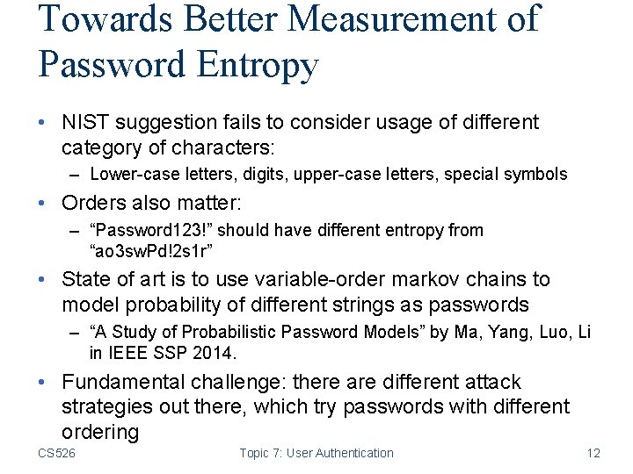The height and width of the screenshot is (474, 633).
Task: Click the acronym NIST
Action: coord(84,122)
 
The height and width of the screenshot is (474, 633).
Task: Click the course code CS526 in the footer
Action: coord(56,453)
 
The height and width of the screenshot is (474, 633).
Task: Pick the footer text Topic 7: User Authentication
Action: coord(316,453)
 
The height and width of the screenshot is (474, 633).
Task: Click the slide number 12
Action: coord(593,453)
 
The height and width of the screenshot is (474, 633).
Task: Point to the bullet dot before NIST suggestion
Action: coord(44,123)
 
